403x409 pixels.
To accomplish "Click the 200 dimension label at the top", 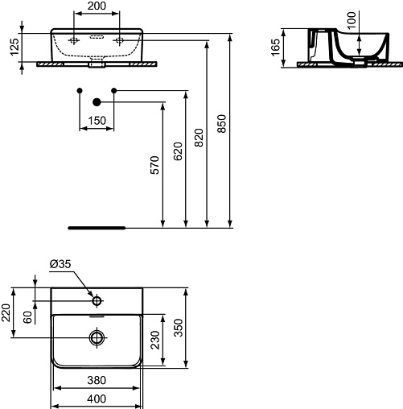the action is pos(97,6).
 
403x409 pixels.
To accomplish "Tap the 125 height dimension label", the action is pos(14,47).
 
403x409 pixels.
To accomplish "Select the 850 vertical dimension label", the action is pos(222,124).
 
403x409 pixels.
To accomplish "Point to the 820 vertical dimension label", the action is pos(199,138).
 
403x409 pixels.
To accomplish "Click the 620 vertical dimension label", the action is pos(178,151).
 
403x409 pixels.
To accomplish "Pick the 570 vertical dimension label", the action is pos(154,165).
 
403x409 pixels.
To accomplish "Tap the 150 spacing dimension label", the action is pos(97,121).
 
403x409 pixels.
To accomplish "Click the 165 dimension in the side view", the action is pos(275,48).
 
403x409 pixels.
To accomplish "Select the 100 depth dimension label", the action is pos(352,20).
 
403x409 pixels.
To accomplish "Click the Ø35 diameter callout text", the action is pos(60,264).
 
